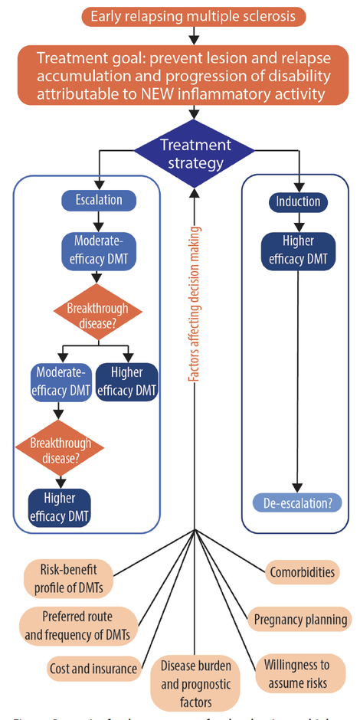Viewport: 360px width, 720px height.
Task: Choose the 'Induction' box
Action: tap(298, 202)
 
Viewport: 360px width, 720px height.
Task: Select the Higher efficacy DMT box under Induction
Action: tap(298, 250)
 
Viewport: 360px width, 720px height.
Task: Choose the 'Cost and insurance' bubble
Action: tap(93, 668)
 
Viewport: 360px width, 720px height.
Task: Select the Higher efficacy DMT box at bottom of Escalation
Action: tap(60, 506)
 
